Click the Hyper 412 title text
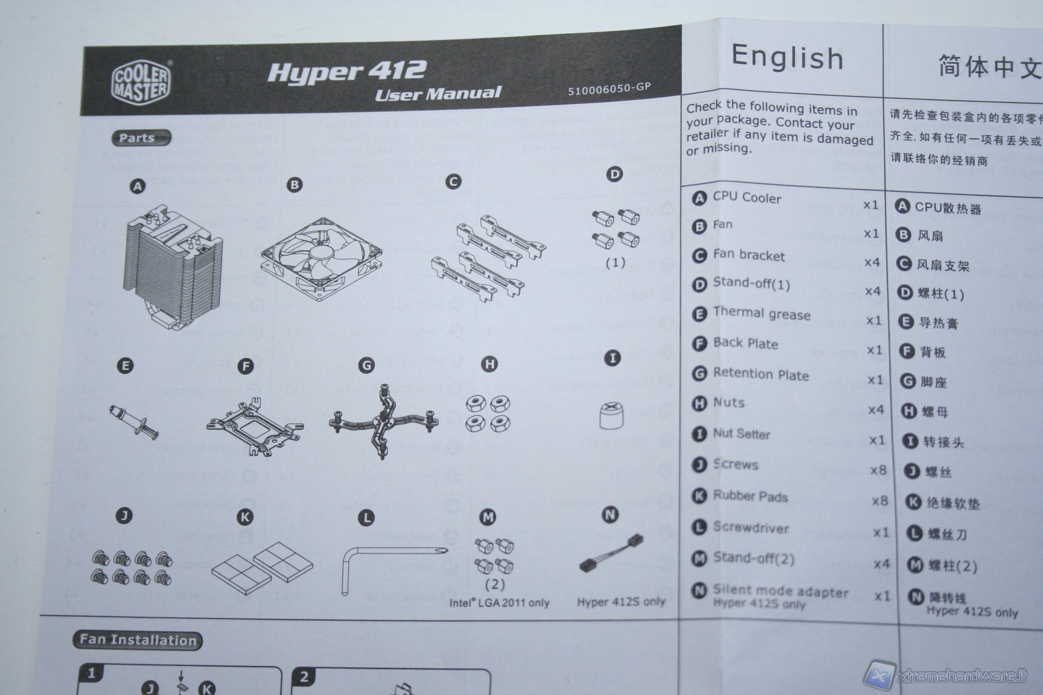point(346,71)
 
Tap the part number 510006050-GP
point(609,89)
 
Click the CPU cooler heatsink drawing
point(172,268)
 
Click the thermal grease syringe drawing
point(133,421)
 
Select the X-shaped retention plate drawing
point(384,420)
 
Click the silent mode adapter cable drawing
point(611,553)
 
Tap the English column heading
point(787,58)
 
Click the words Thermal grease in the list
point(761,313)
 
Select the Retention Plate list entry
point(761,375)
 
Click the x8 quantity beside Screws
point(878,470)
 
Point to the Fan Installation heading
point(138,640)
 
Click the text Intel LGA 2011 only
point(499,602)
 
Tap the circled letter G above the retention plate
point(366,365)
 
